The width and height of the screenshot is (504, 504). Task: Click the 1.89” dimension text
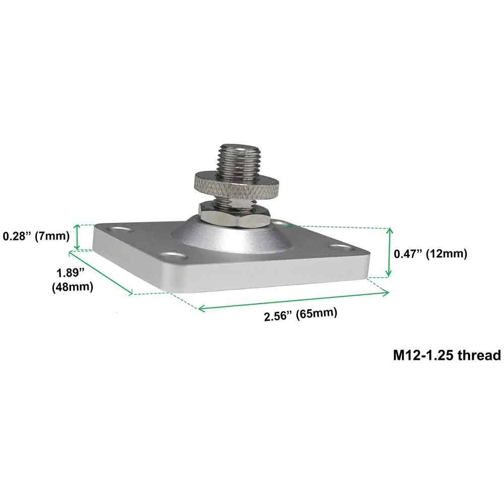pos(70,273)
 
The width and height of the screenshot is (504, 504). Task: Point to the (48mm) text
pos(73,287)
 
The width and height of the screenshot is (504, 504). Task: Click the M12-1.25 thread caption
pos(447,355)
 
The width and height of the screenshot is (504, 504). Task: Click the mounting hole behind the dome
pos(278,222)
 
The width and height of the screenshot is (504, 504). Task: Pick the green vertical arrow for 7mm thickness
pos(77,237)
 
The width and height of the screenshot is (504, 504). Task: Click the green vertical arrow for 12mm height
pos(388,252)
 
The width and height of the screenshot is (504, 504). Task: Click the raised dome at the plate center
pos(222,237)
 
